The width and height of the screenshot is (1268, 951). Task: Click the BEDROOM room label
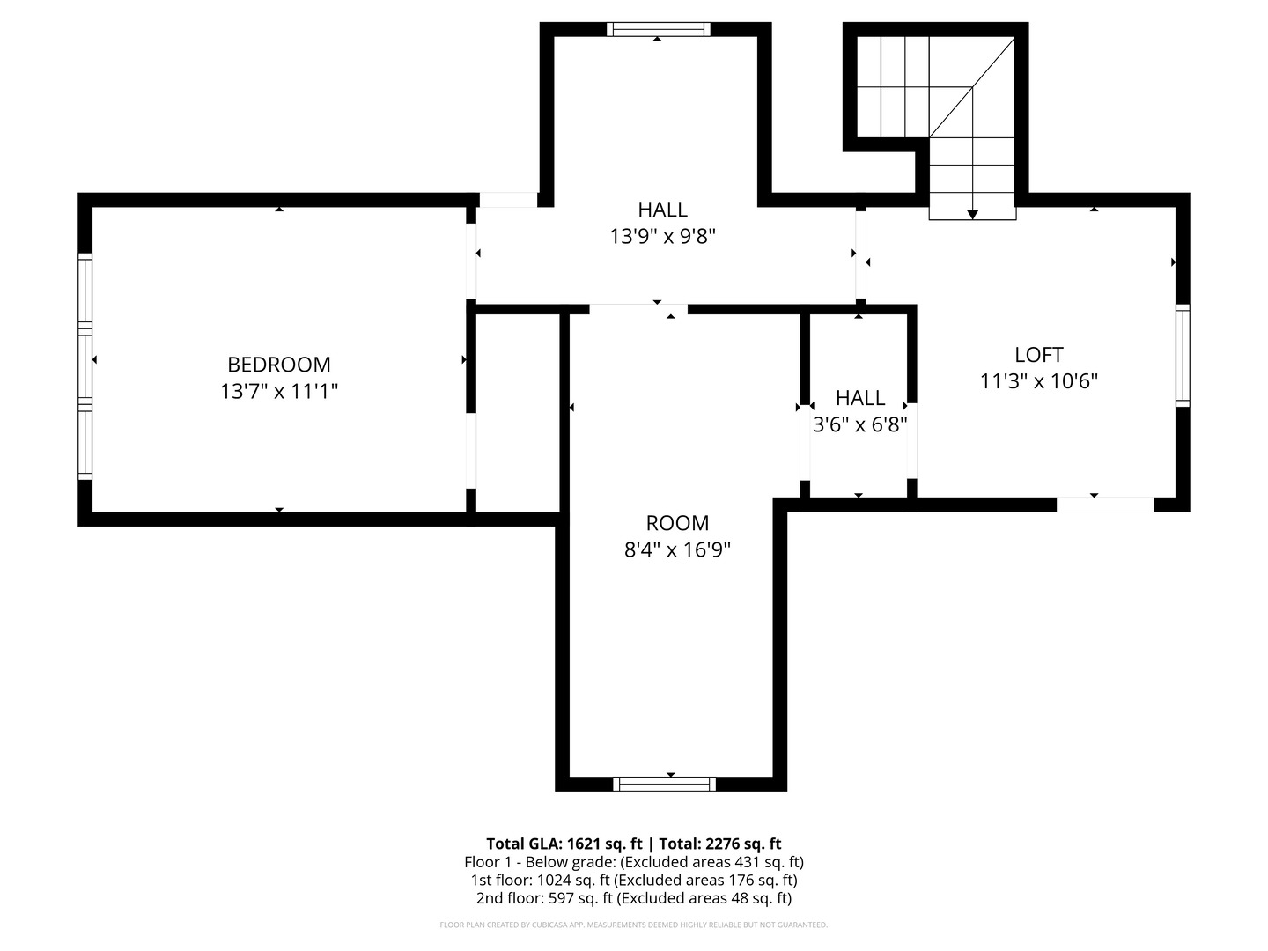pos(279,364)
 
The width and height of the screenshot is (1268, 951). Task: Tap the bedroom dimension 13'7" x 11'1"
pos(279,391)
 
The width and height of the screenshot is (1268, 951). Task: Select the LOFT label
pos(1039,354)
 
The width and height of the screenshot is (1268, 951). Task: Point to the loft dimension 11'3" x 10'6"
pos(1039,381)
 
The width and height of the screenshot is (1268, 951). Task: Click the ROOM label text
pos(677,522)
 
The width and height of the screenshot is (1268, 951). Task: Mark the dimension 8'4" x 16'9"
pos(677,549)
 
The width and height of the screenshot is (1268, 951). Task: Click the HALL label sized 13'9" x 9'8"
pos(662,210)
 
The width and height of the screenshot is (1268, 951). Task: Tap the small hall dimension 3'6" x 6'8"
pos(859,424)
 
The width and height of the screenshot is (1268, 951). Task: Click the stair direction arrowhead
pos(972,214)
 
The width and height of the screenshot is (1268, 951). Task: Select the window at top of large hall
pos(658,29)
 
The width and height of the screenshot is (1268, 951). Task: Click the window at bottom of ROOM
pos(665,784)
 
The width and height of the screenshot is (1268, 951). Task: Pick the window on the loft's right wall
pos(1183,355)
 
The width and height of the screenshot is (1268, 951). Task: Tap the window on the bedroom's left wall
pos(85,365)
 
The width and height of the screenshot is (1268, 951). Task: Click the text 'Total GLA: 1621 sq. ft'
pos(564,843)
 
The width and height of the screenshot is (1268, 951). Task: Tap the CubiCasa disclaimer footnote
pos(633,925)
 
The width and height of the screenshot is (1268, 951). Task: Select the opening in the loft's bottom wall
pos(1105,505)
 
